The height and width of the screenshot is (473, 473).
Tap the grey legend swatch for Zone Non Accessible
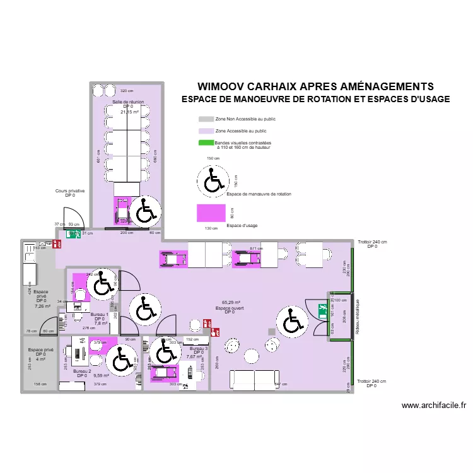click(206, 119)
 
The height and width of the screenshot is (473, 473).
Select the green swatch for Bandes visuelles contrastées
click(206, 143)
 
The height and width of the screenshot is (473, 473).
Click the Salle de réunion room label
click(128, 101)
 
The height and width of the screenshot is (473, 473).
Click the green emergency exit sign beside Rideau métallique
click(322, 309)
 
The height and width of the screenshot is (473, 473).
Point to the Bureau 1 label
click(100, 314)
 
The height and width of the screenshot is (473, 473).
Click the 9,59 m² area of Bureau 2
click(101, 375)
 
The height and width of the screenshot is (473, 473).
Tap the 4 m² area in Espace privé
click(40, 359)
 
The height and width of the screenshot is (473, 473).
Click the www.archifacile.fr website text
click(433, 406)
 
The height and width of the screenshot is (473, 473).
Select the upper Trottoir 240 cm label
click(371, 242)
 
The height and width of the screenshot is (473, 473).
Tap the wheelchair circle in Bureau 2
click(120, 361)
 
